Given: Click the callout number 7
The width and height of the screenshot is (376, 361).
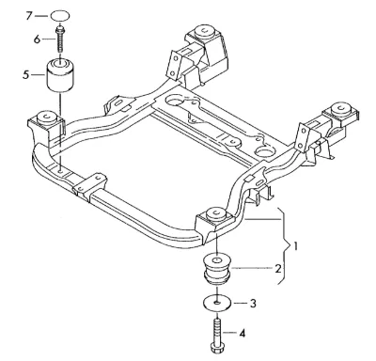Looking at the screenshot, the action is [x=29, y=15].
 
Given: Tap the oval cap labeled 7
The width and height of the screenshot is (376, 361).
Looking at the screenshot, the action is [x=59, y=15].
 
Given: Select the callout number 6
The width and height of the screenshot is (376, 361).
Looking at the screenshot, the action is [x=37, y=39].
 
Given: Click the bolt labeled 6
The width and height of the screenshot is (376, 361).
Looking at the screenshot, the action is [x=59, y=39].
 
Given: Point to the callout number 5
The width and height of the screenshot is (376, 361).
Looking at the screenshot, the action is [x=25, y=75].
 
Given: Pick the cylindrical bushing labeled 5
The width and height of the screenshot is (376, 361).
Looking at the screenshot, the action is [x=60, y=75].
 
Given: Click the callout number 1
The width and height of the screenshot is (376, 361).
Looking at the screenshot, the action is [x=295, y=246].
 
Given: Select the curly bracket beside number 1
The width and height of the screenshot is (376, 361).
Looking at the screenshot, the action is [x=285, y=246].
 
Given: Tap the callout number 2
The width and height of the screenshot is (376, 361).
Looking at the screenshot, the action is [x=278, y=268].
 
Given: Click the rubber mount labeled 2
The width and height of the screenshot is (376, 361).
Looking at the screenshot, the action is [x=216, y=269].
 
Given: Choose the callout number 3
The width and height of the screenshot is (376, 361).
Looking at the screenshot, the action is [x=253, y=304].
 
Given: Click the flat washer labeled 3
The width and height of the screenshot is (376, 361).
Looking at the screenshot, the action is [x=216, y=303].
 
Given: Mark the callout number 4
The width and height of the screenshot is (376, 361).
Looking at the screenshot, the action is [x=242, y=333].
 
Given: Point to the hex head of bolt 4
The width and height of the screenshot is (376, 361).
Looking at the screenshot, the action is [x=216, y=348].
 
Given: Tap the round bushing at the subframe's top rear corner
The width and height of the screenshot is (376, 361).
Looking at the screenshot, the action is [x=204, y=32].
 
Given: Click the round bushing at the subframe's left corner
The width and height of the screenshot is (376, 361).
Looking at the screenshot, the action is [x=46, y=118].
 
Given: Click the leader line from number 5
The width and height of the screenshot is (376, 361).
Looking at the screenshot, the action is [x=38, y=75].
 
